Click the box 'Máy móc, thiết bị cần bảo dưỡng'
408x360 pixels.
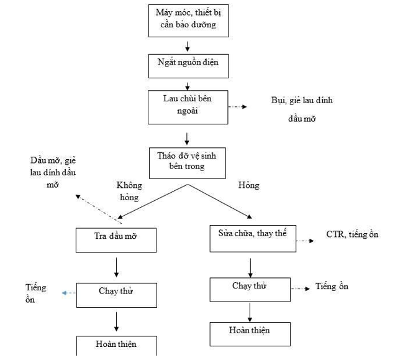[x=186, y=20]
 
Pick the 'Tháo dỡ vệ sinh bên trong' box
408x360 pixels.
[x=186, y=161]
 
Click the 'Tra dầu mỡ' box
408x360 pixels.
[x=116, y=240]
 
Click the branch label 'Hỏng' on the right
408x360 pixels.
[x=248, y=185]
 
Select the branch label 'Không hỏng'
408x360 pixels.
[x=129, y=191]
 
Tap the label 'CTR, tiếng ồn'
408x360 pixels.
[x=352, y=234]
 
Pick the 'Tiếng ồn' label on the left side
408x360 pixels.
[x=35, y=293]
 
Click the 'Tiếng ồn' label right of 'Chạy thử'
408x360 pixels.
[x=332, y=287]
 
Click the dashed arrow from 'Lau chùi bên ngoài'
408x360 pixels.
[x=237, y=107]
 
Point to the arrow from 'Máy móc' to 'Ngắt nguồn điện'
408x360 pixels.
[x=187, y=47]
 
